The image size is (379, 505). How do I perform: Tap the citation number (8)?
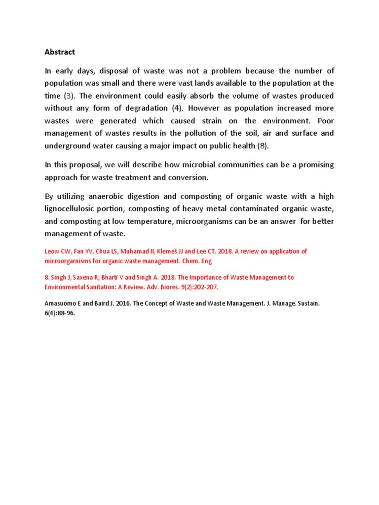pyautogui.click(x=265, y=145)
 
